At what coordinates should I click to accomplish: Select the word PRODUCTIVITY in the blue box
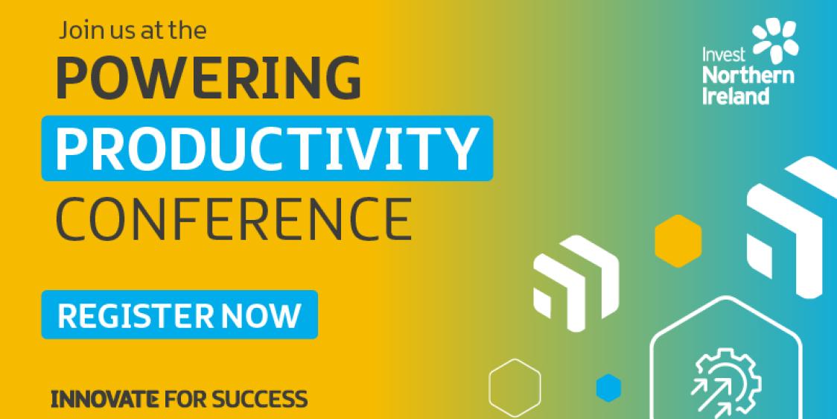267,148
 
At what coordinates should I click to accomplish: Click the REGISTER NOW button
179,315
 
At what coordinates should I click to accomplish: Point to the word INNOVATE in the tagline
104,399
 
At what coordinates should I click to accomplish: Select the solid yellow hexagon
678,240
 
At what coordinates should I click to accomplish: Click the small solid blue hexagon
608,387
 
